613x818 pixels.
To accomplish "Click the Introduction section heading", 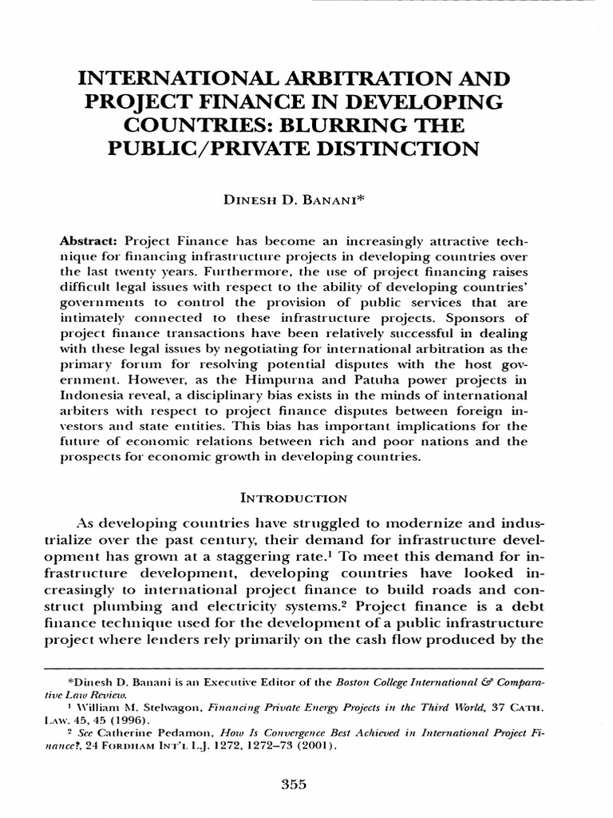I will tap(294, 498).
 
